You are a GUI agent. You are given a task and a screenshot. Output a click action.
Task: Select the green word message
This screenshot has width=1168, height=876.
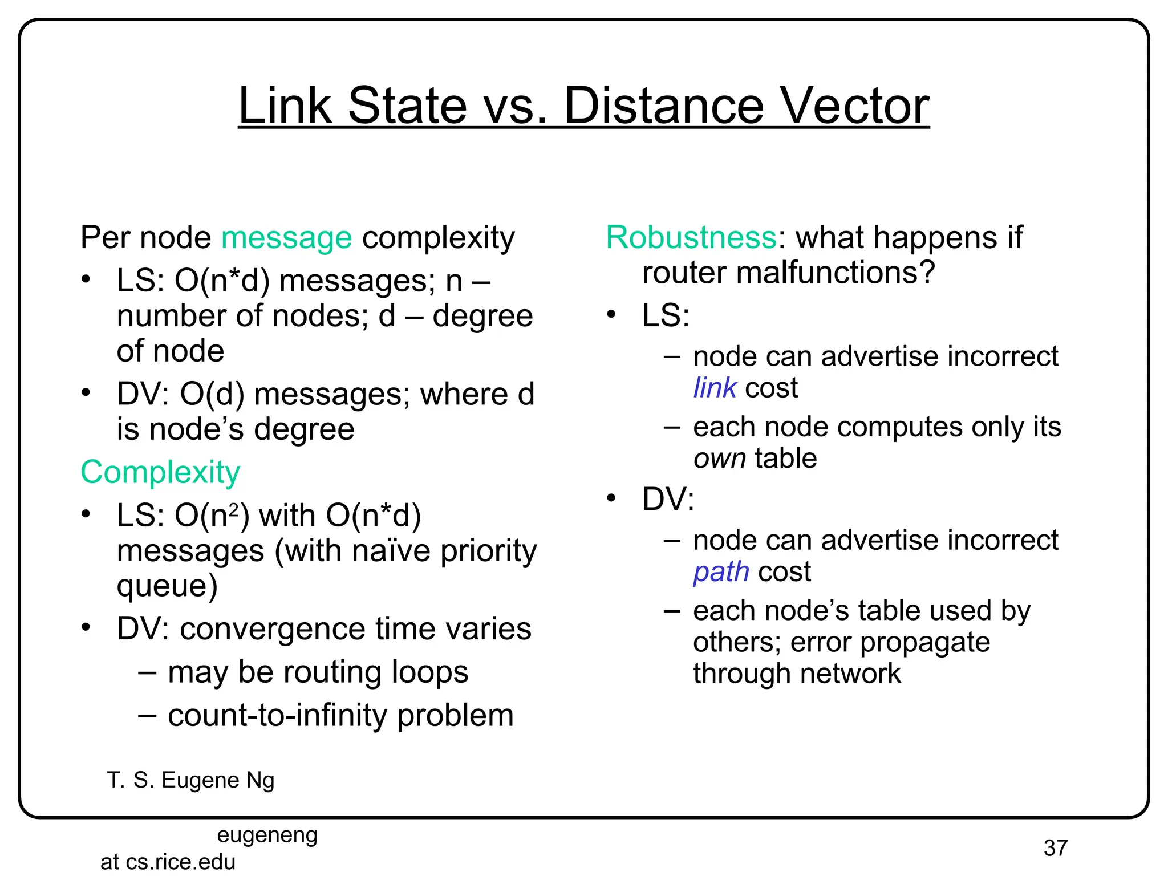(286, 238)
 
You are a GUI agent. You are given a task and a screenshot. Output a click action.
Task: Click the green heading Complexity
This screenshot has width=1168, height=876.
(160, 473)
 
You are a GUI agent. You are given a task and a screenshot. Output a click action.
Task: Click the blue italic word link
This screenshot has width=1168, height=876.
(715, 388)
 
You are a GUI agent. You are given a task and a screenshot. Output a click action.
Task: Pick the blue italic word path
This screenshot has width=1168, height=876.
(721, 572)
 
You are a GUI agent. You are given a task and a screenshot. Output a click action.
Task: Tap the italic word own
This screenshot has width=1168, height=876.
(719, 459)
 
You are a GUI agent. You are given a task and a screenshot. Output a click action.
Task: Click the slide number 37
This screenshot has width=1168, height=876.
(1055, 848)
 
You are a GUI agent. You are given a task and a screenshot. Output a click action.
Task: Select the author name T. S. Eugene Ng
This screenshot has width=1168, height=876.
(190, 780)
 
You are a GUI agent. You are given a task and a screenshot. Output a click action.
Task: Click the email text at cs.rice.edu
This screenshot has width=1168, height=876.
(168, 862)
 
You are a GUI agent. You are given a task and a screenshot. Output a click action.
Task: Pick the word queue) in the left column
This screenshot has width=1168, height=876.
(167, 586)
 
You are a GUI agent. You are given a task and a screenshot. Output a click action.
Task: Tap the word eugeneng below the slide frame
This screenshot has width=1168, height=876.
(267, 835)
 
